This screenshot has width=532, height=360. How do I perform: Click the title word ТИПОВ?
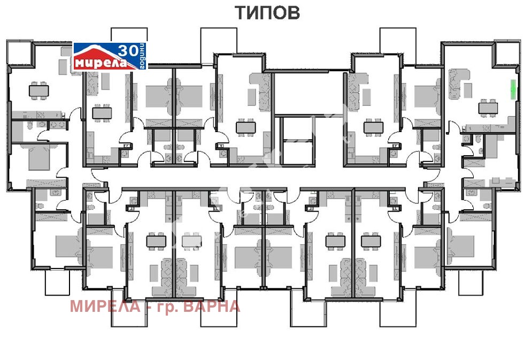click(267, 13)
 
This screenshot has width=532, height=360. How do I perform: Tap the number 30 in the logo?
click(127, 51)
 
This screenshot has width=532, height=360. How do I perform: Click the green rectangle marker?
click(513, 89)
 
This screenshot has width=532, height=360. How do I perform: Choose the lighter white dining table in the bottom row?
click(190, 241)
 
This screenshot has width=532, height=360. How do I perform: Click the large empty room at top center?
click(307, 93)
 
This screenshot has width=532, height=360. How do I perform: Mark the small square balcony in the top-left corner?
click(20, 52)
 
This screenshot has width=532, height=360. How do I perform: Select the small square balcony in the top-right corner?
click(506, 52)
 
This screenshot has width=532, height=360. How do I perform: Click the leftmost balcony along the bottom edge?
click(57, 282)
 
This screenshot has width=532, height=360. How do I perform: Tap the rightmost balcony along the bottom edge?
click(473, 282)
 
